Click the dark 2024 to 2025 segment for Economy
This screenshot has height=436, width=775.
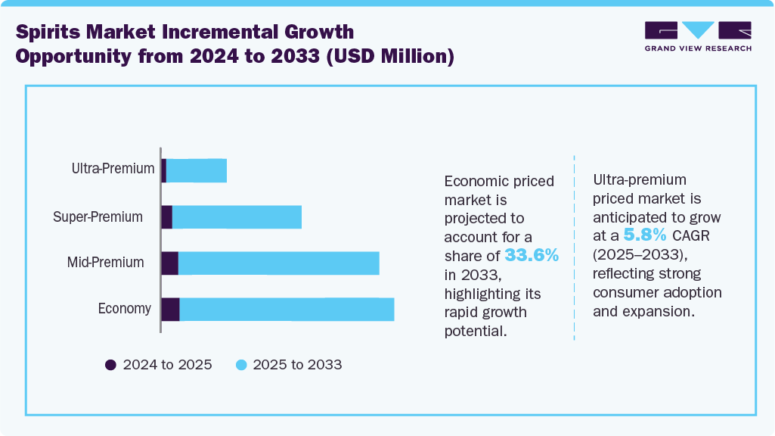click(170, 310)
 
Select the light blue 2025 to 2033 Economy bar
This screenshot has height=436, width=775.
click(287, 310)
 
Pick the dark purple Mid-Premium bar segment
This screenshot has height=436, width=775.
click(169, 263)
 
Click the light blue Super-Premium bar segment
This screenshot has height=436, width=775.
click(237, 216)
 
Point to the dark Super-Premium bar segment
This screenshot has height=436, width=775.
click(166, 216)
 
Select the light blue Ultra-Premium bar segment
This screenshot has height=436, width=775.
click(196, 170)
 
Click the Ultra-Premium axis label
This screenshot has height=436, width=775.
click(113, 169)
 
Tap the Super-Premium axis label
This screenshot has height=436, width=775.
click(98, 216)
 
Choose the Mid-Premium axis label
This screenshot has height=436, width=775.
click(105, 263)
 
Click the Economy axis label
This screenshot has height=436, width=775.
click(124, 309)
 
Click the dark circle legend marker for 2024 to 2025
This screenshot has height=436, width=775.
click(110, 365)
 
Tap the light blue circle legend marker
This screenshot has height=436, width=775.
click(240, 365)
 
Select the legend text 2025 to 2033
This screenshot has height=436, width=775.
click(297, 365)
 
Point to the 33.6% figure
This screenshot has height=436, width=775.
click(532, 256)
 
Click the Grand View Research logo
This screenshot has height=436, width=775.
click(697, 36)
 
